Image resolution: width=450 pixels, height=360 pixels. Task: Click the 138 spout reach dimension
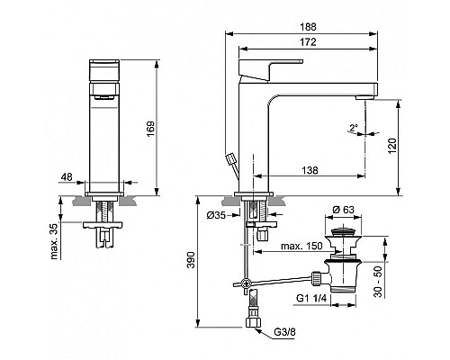point(310,169)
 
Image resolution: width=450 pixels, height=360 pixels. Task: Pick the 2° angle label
point(354,127)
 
